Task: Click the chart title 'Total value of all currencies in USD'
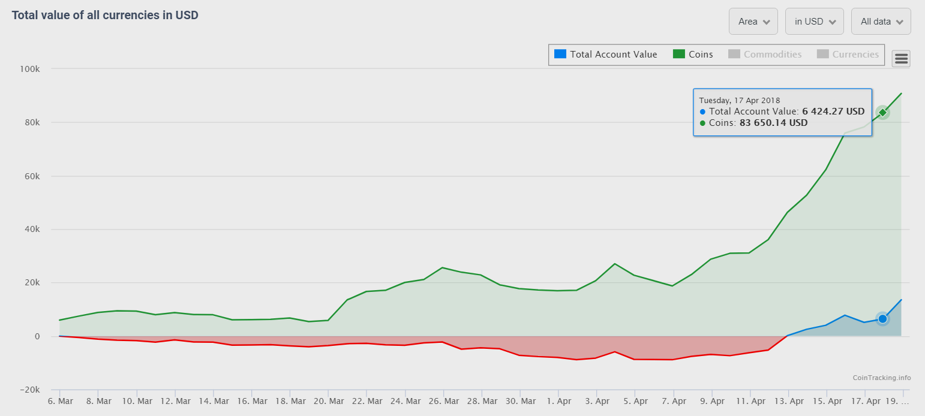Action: pos(105,15)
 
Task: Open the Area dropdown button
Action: pos(753,22)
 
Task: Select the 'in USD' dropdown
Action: pos(814,22)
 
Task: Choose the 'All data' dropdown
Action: pos(881,22)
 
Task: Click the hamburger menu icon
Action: pos(902,58)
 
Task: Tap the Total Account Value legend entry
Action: pos(606,55)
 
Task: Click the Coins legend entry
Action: pos(693,55)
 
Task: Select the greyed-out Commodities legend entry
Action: pos(765,55)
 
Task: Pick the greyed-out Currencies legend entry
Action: pos(848,55)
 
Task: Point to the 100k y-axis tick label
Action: pos(29,69)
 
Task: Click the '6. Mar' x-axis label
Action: pos(59,401)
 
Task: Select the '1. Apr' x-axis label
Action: pos(559,401)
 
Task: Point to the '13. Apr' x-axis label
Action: pos(789,401)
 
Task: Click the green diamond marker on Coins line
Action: pos(882,112)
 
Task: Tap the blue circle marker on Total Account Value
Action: pos(882,319)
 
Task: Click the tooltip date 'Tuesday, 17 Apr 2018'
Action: pos(740,100)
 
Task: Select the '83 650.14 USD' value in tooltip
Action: pos(773,123)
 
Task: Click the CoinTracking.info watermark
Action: pos(881,378)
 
